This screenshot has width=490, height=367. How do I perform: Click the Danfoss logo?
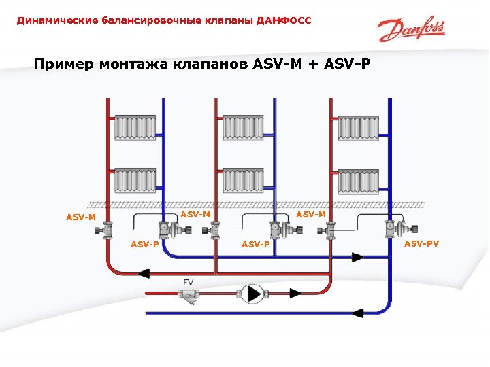click(x=412, y=30)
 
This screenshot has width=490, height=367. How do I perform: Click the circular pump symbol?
click(x=252, y=294)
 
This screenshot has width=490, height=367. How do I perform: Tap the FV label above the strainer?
click(x=189, y=281)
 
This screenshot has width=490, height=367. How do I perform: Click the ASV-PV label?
click(x=422, y=243)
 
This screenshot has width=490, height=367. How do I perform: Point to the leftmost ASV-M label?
click(x=80, y=218)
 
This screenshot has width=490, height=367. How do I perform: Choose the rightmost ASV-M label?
click(x=312, y=215)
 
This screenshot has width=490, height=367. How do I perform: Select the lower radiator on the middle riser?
click(x=243, y=180)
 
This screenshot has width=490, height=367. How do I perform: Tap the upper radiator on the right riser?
click(x=358, y=127)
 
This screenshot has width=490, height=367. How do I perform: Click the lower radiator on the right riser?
click(x=358, y=180)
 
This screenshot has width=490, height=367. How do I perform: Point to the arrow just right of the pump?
click(x=295, y=294)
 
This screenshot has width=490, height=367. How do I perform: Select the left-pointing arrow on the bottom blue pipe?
click(x=357, y=313)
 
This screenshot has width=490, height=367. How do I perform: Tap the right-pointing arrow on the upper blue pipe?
click(x=357, y=257)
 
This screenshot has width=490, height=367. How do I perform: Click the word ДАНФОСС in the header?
click(x=284, y=21)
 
